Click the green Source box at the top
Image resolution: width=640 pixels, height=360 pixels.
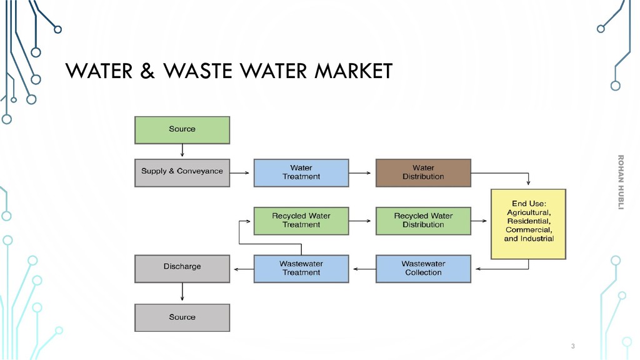[182, 129]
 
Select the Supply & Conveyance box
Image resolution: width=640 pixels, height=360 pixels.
[182, 172]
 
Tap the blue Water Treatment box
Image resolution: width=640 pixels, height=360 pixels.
[301, 172]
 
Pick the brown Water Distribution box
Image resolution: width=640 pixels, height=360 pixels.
[423, 172]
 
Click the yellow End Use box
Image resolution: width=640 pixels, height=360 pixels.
[529, 224]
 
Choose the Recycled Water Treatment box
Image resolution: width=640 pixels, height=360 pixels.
[301, 221]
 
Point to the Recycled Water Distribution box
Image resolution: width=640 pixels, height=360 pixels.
[423, 221]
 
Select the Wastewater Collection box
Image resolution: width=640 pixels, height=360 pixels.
[423, 268]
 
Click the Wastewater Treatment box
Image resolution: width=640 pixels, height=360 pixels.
[301, 268]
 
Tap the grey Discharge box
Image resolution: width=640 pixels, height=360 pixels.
[182, 267]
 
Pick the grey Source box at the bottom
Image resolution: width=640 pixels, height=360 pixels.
[182, 317]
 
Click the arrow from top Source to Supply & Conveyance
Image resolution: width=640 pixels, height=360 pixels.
[182, 151]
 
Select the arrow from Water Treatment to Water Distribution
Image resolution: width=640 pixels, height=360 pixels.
[362, 172]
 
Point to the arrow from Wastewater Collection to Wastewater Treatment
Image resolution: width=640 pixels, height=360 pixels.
[362, 269]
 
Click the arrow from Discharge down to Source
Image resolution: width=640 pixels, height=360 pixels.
[182, 292]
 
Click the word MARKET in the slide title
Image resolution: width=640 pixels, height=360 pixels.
[353, 71]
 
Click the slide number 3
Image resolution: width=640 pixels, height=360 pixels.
[572, 346]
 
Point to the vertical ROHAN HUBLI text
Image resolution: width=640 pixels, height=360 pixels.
[621, 182]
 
